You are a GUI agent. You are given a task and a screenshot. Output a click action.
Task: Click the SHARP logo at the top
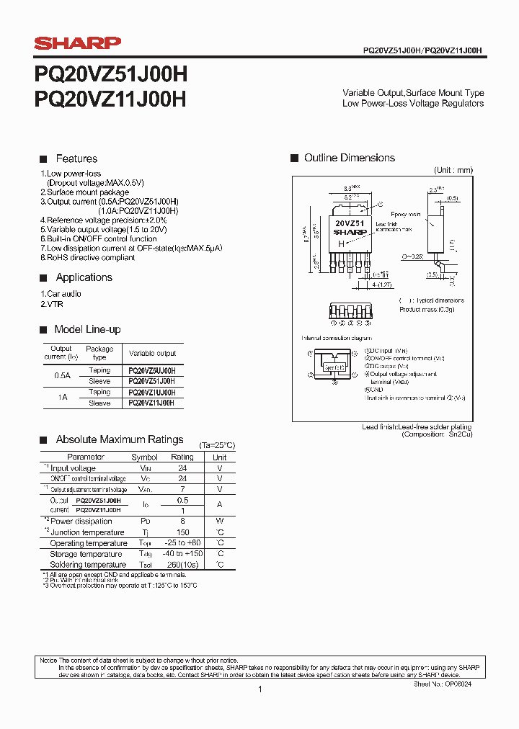(78, 43)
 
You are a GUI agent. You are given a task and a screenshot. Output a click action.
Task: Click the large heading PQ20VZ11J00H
(110, 99)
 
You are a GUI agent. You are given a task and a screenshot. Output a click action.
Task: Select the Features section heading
(76, 158)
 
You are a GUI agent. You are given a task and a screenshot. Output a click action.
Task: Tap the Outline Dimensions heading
(349, 158)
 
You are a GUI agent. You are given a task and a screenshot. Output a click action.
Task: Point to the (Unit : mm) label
(453, 170)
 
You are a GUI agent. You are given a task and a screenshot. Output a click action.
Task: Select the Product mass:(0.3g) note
(427, 309)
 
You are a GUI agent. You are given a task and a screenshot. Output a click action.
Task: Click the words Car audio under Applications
(63, 294)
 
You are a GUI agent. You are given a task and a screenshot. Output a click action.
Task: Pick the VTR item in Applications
(54, 304)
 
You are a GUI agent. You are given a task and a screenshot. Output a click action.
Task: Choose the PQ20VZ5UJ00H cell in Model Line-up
(151, 370)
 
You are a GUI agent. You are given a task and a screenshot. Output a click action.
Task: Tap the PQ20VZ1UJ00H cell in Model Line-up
(151, 392)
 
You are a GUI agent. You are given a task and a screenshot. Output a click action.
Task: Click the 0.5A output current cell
(63, 375)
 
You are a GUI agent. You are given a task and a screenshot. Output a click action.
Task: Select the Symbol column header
(144, 457)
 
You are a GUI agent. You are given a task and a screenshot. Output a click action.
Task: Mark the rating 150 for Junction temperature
(182, 532)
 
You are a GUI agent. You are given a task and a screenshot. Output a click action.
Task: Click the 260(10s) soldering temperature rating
(182, 565)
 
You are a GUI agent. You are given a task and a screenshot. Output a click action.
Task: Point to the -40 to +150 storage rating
(182, 553)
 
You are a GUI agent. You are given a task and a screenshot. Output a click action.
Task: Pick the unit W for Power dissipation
(220, 521)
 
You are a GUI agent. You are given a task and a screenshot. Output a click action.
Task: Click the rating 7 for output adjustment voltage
(182, 489)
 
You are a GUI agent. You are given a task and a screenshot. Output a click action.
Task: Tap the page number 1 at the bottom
(259, 689)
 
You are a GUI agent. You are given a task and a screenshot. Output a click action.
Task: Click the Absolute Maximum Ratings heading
(120, 439)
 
